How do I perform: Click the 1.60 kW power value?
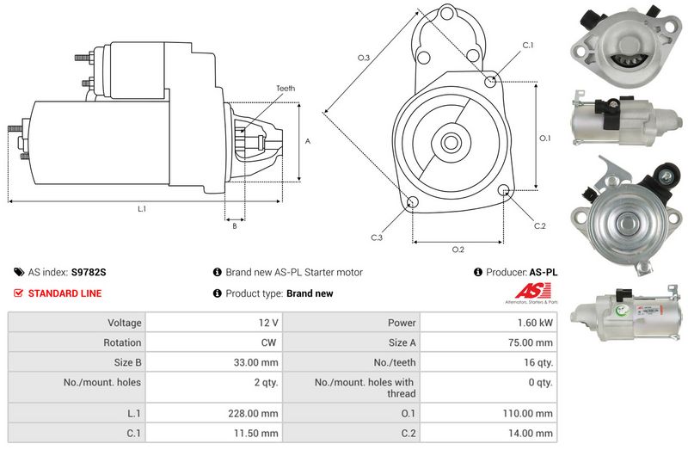point(535,323)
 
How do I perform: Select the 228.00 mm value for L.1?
point(253,413)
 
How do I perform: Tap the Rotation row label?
point(122,342)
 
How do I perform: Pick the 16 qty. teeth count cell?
point(536,362)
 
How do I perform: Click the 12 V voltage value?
point(268,323)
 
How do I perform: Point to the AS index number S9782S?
point(89,272)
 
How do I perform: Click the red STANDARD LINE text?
point(65,293)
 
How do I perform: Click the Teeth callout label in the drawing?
point(286,89)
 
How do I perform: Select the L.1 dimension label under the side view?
point(142,209)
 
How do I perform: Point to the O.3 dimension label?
point(364,58)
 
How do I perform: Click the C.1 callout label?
point(528,46)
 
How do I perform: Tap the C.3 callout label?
point(377,237)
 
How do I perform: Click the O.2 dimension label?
point(458,250)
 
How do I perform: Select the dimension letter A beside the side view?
point(308,141)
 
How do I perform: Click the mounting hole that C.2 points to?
point(504,190)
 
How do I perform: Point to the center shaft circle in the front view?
point(450,142)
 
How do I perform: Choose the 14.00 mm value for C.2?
point(531,434)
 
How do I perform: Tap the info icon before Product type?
point(218,293)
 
